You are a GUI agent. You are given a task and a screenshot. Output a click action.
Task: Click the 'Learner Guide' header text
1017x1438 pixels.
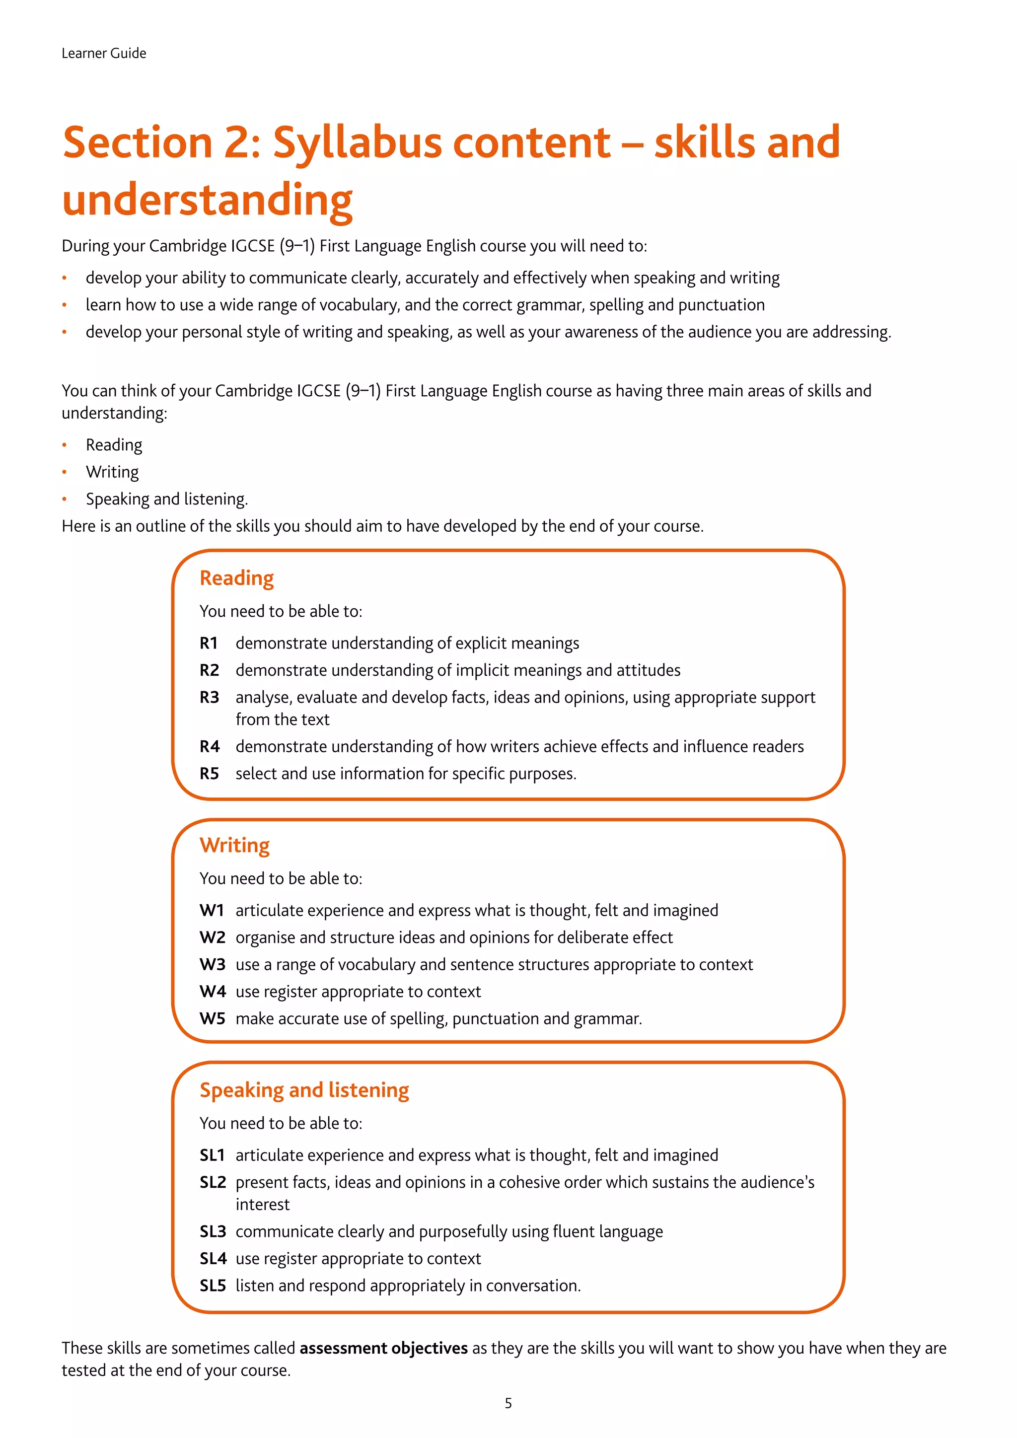tap(104, 53)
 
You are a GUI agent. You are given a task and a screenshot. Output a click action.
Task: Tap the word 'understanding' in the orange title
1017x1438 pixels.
tap(207, 201)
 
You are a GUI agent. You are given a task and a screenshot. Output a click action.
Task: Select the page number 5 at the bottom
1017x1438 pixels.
tap(508, 1403)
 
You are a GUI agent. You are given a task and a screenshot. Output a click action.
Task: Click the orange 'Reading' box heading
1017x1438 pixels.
tap(237, 578)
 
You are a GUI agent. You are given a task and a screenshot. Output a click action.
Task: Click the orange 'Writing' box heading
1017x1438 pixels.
tap(235, 846)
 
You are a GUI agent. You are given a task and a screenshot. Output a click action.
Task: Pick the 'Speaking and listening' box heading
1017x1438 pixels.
tap(304, 1090)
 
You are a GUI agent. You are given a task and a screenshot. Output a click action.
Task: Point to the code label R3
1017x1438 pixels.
tap(209, 697)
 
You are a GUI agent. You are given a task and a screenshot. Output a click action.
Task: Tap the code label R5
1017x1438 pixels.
tap(209, 774)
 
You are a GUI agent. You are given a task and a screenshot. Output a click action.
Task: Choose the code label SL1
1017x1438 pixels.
tap(212, 1155)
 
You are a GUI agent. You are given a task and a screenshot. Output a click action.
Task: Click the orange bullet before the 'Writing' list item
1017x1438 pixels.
tap(65, 472)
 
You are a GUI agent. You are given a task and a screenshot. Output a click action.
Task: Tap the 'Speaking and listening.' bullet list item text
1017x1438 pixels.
tap(166, 499)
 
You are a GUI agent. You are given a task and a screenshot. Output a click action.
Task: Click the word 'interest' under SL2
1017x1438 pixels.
tap(262, 1205)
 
